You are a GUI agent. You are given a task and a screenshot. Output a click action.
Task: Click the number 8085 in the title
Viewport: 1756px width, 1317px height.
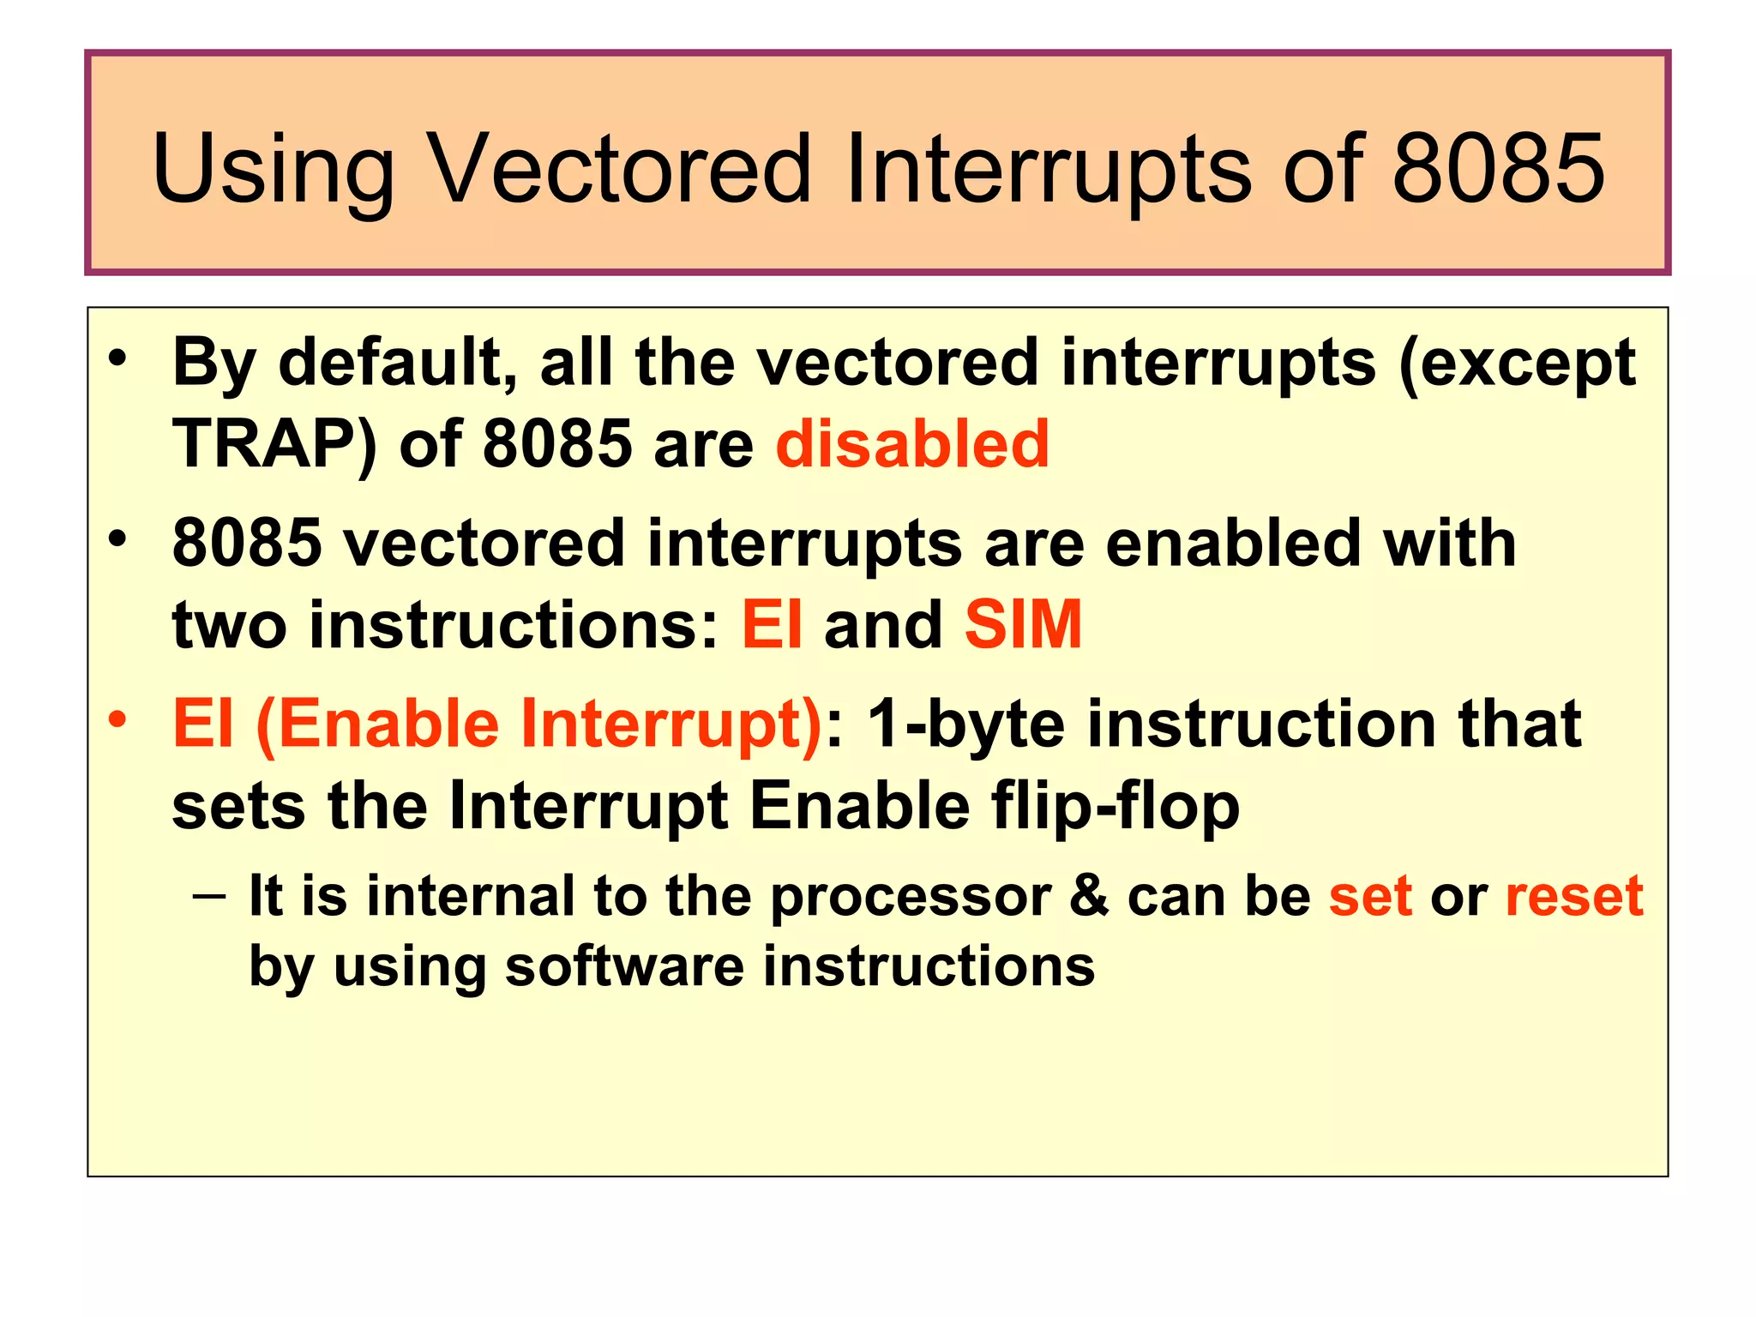coord(1498,169)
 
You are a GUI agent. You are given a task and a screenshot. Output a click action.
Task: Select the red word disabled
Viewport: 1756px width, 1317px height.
coord(912,443)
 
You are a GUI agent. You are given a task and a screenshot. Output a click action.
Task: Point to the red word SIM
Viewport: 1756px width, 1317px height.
coord(1023,624)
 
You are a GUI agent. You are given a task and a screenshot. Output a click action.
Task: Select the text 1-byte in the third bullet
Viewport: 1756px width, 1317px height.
coord(966,725)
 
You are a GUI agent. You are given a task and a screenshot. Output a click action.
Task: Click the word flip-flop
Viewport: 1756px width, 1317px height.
coord(1116,807)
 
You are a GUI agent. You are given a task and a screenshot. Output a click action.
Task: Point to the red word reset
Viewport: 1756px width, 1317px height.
coord(1574,896)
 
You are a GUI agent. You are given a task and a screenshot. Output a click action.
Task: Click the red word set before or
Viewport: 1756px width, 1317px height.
coord(1370,896)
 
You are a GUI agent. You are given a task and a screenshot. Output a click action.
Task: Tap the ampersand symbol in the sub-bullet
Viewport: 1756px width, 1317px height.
coord(1089,896)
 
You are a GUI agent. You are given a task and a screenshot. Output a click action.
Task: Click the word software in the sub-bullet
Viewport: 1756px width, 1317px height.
coord(624,966)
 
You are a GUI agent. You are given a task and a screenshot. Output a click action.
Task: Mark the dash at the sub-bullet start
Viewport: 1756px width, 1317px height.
coord(209,897)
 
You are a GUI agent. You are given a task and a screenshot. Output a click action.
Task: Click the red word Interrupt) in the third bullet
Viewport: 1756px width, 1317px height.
coord(671,725)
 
